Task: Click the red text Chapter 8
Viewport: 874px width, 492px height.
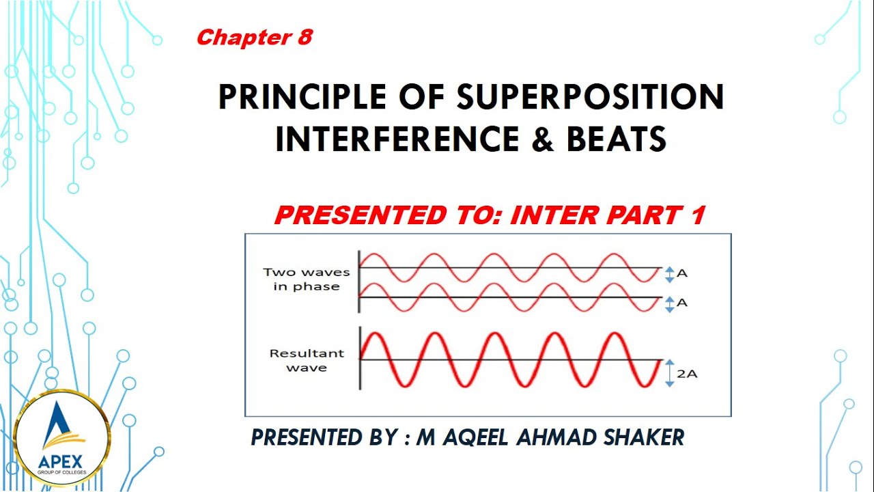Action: [254, 38]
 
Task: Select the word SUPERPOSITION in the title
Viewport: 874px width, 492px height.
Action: [590, 97]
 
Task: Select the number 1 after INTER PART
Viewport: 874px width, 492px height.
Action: [696, 216]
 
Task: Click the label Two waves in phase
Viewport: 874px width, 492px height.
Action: [306, 279]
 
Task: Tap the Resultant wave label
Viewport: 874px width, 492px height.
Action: [306, 361]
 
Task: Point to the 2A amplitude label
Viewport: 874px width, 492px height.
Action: [687, 374]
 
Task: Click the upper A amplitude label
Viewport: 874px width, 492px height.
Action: [681, 274]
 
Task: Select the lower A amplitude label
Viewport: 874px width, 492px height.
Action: [681, 303]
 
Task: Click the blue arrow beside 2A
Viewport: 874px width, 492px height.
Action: [670, 373]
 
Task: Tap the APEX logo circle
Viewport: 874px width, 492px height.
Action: [61, 438]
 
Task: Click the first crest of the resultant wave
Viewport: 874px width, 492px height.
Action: [373, 335]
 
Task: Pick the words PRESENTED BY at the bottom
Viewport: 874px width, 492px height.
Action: [325, 437]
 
